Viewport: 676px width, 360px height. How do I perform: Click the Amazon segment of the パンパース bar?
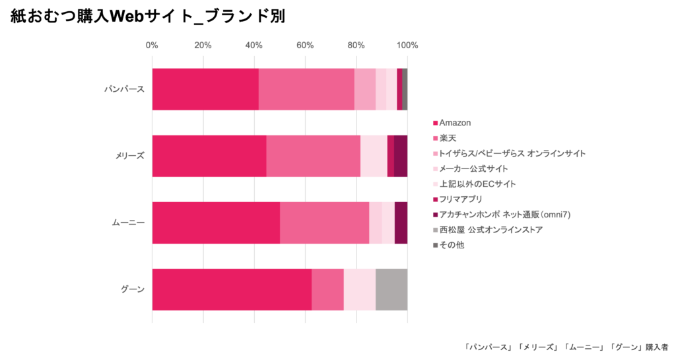pos(205,89)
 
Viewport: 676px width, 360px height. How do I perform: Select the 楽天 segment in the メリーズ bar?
pos(313,156)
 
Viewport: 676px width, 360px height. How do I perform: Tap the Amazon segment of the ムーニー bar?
pos(216,223)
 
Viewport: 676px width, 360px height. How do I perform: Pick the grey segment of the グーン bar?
pos(391,289)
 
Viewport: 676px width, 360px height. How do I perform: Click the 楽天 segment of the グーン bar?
pos(327,289)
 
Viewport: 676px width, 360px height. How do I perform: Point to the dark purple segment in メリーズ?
pos(401,156)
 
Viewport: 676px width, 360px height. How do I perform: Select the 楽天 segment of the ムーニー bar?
pos(324,223)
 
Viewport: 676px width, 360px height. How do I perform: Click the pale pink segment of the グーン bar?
pos(360,289)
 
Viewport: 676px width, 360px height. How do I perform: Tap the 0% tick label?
pos(152,46)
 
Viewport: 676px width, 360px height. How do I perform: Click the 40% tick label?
pos(254,46)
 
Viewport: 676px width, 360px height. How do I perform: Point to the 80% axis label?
pos(356,46)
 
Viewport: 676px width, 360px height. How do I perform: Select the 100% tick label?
pos(407,46)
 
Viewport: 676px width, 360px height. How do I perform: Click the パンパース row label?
pos(125,89)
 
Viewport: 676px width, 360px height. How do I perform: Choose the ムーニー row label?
pos(127,223)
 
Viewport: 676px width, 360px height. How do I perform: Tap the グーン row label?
pos(132,289)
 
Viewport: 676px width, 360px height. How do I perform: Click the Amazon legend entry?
pos(454,123)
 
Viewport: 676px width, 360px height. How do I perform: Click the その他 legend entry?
pos(452,245)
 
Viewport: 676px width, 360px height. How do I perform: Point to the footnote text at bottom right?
pos(566,346)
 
